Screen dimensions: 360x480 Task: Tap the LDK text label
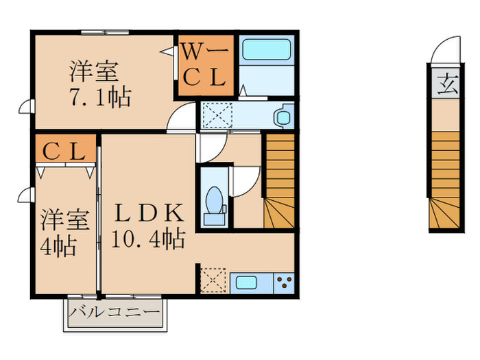tap(149, 213)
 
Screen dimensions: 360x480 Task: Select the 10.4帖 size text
tap(149, 239)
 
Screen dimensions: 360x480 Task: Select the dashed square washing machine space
tap(218, 115)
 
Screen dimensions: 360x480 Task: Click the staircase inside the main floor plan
tap(280, 181)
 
